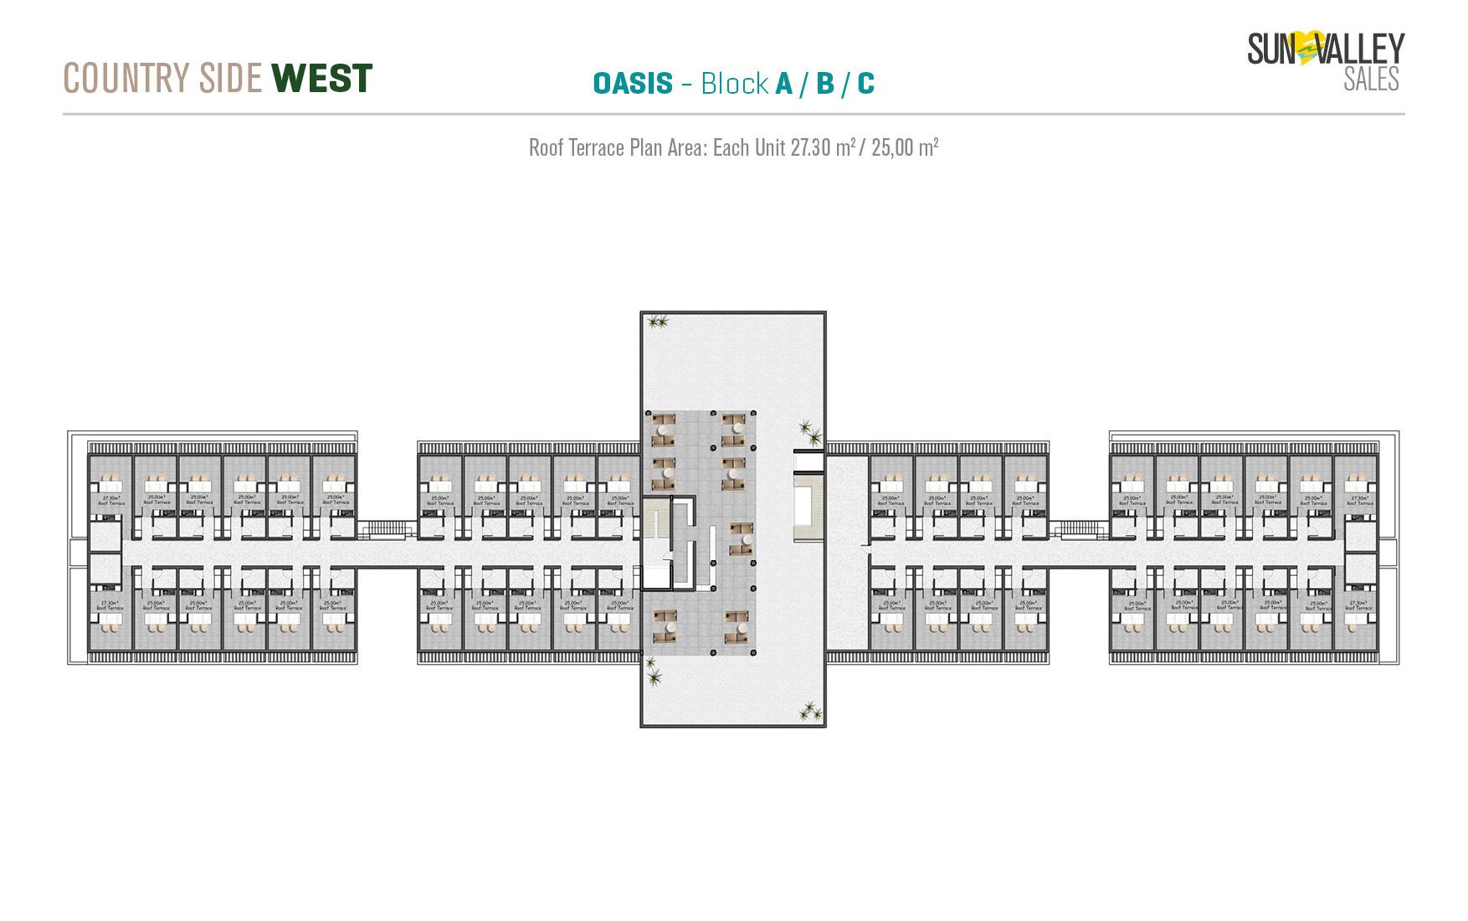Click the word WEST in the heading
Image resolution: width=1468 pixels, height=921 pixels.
(322, 79)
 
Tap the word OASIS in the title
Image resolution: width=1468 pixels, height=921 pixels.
(633, 84)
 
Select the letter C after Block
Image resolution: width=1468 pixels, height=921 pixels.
(865, 84)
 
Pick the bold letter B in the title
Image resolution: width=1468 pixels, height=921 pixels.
(825, 84)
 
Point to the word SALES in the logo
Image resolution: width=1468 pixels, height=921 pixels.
(1371, 80)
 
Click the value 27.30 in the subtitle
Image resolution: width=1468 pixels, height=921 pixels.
(810, 148)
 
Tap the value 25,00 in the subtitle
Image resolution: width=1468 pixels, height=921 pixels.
(892, 148)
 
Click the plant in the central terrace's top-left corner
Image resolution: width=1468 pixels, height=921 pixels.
(659, 321)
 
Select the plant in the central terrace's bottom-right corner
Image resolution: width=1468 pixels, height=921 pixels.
(809, 712)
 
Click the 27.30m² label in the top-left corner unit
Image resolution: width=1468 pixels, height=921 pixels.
(110, 498)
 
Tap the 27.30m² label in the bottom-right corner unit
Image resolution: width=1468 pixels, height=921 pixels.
(1358, 603)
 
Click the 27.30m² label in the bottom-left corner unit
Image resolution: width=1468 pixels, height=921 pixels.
(110, 603)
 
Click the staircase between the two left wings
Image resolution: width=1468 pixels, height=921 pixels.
(387, 528)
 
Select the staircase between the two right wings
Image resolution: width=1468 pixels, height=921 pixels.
(1079, 528)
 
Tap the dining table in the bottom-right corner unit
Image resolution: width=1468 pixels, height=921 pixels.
(1358, 620)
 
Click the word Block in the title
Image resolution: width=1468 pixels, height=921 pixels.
(735, 84)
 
